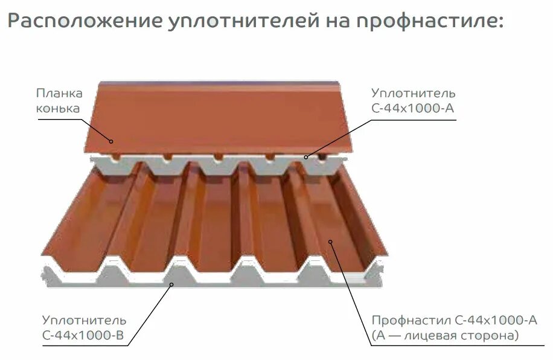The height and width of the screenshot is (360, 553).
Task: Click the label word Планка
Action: tap(59, 94)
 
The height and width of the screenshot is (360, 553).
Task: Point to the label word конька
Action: tap(58, 109)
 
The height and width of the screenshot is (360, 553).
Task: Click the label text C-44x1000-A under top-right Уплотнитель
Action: tap(414, 109)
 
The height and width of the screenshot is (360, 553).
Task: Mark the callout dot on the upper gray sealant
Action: tap(307, 157)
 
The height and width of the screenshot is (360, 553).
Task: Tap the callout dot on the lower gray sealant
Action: tap(172, 284)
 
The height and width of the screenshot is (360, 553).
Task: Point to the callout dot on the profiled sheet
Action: tap(330, 242)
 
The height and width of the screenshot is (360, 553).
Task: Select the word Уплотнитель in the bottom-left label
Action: tap(84, 320)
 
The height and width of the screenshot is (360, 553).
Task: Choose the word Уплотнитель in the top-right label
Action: tap(414, 94)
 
